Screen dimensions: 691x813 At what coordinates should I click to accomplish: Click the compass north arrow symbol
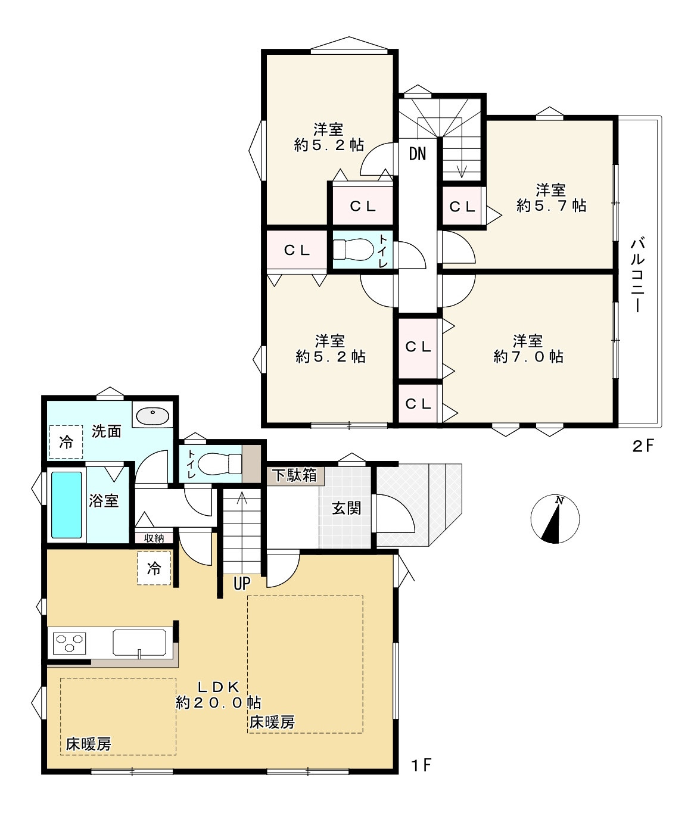tap(555, 518)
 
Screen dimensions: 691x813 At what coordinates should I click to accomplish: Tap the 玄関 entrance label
tap(346, 509)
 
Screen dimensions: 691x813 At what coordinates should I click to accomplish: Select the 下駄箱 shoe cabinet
tap(295, 475)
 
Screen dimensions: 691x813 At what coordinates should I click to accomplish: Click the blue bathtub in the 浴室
tap(67, 505)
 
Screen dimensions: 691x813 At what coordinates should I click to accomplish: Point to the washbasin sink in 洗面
tap(152, 416)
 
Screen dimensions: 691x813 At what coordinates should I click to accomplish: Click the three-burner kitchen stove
tap(70, 643)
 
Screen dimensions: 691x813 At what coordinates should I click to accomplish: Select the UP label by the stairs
tap(242, 583)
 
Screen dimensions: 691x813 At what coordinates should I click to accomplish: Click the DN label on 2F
tap(417, 154)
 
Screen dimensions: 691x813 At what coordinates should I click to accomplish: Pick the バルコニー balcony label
tap(638, 275)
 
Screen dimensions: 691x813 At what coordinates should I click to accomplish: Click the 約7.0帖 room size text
tap(528, 357)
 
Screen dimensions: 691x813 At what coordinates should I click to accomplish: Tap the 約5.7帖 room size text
tap(552, 205)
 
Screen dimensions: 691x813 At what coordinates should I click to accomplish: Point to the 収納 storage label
tap(154, 538)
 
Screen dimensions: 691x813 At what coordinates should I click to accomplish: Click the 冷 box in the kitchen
tap(154, 568)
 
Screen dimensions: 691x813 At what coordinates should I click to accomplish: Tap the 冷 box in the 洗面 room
tap(66, 442)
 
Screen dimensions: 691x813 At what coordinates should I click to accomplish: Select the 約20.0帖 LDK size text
tap(218, 702)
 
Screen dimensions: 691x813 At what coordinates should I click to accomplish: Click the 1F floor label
tap(421, 765)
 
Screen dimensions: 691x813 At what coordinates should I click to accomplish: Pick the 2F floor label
tap(643, 447)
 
